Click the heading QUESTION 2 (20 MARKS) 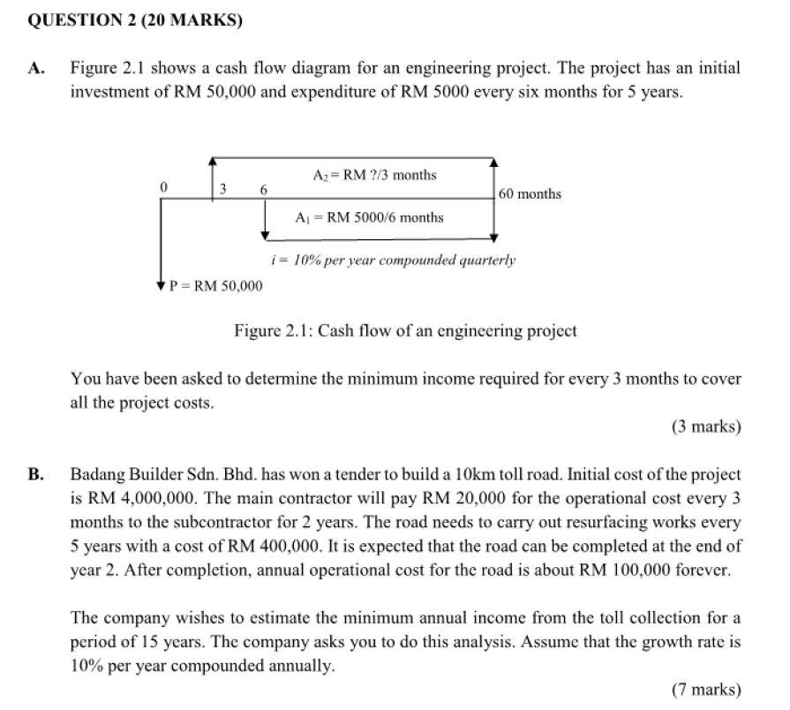[x=135, y=19]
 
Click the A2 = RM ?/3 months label [x=374, y=175]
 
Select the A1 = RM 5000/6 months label [x=369, y=217]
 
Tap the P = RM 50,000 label [x=216, y=285]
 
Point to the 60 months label [x=530, y=193]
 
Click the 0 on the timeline [x=163, y=187]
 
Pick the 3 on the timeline [x=223, y=188]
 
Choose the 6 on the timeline [x=264, y=189]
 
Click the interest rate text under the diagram [x=392, y=261]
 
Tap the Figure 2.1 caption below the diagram [x=405, y=331]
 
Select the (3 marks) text [x=706, y=427]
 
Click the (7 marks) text [x=706, y=689]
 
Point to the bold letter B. [x=35, y=475]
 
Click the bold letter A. [x=35, y=68]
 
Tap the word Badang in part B [x=96, y=475]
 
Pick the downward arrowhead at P [x=160, y=284]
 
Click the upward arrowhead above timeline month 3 [x=213, y=161]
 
